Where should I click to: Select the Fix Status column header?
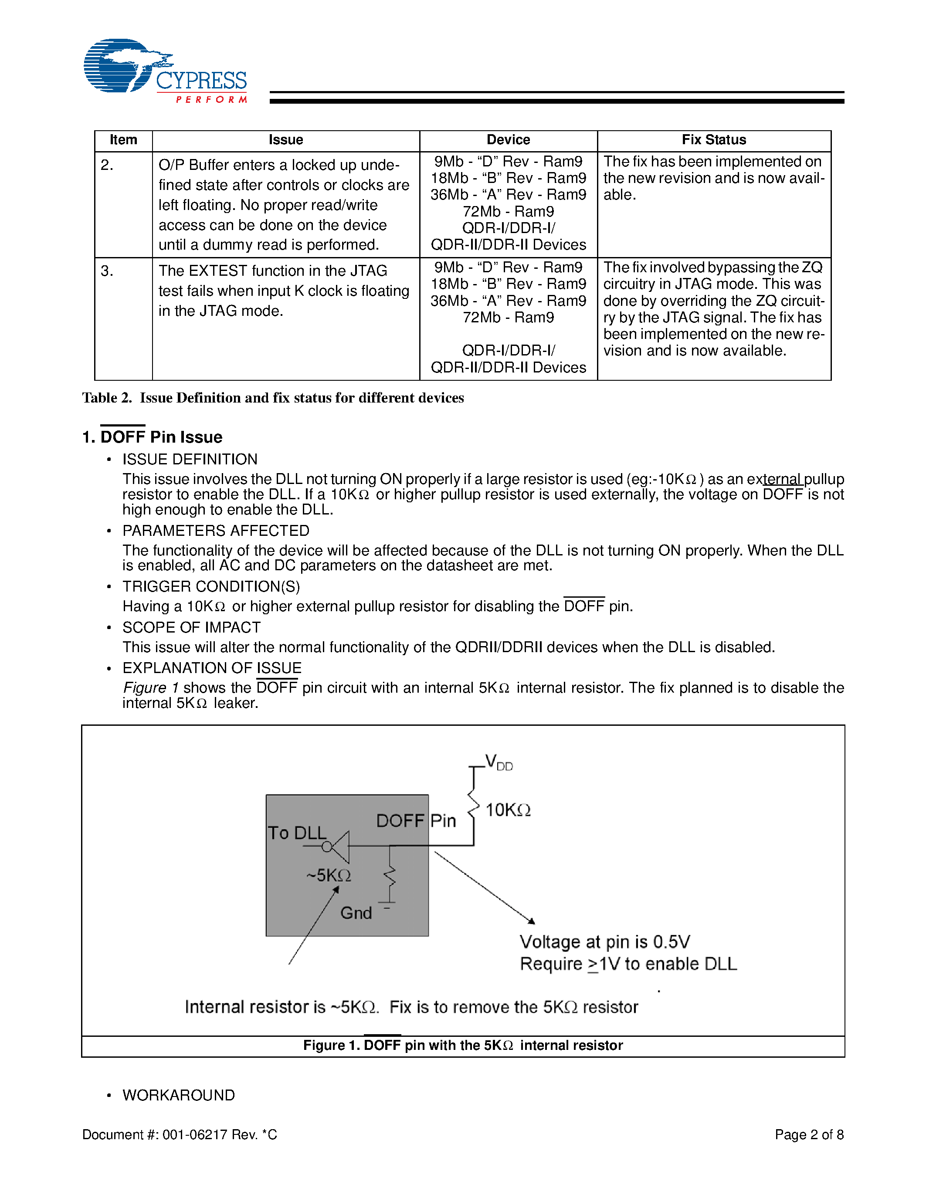coord(714,140)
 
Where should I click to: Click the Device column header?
coord(508,140)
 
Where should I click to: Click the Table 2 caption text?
coord(273,398)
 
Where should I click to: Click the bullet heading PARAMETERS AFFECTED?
coord(216,531)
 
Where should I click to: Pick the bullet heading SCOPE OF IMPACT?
coord(191,627)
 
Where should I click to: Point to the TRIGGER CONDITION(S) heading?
coord(211,586)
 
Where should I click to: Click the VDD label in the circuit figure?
coord(498,762)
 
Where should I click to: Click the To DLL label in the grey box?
coord(297,833)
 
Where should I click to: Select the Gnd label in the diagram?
coord(356,913)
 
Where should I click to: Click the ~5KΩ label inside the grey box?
coord(329,875)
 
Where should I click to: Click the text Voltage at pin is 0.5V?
coord(604,942)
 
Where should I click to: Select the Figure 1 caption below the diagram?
coord(462,1046)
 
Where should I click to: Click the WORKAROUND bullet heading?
coord(178,1095)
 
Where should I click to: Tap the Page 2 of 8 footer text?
coord(809,1134)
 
